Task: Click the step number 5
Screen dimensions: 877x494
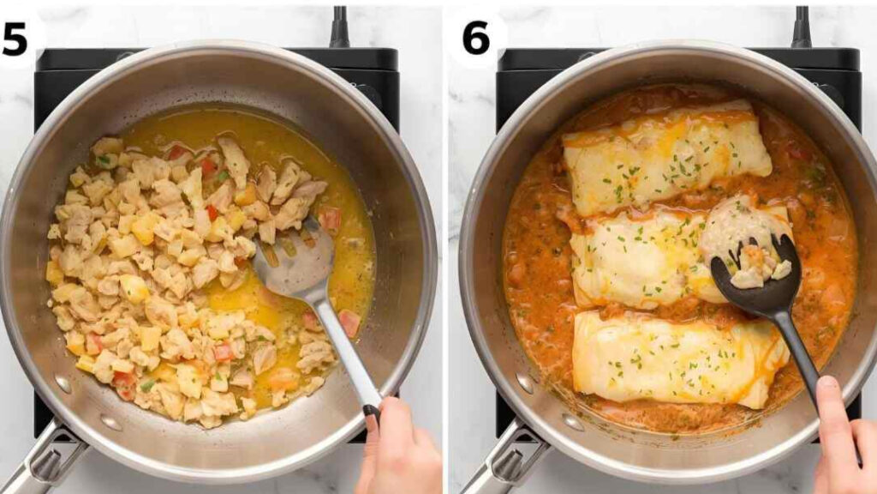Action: click(15, 39)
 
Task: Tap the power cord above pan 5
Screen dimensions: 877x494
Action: click(339, 27)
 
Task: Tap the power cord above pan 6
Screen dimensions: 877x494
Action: click(801, 27)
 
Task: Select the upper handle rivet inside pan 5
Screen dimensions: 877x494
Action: click(63, 385)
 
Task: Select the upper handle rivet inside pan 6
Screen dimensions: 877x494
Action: click(525, 383)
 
